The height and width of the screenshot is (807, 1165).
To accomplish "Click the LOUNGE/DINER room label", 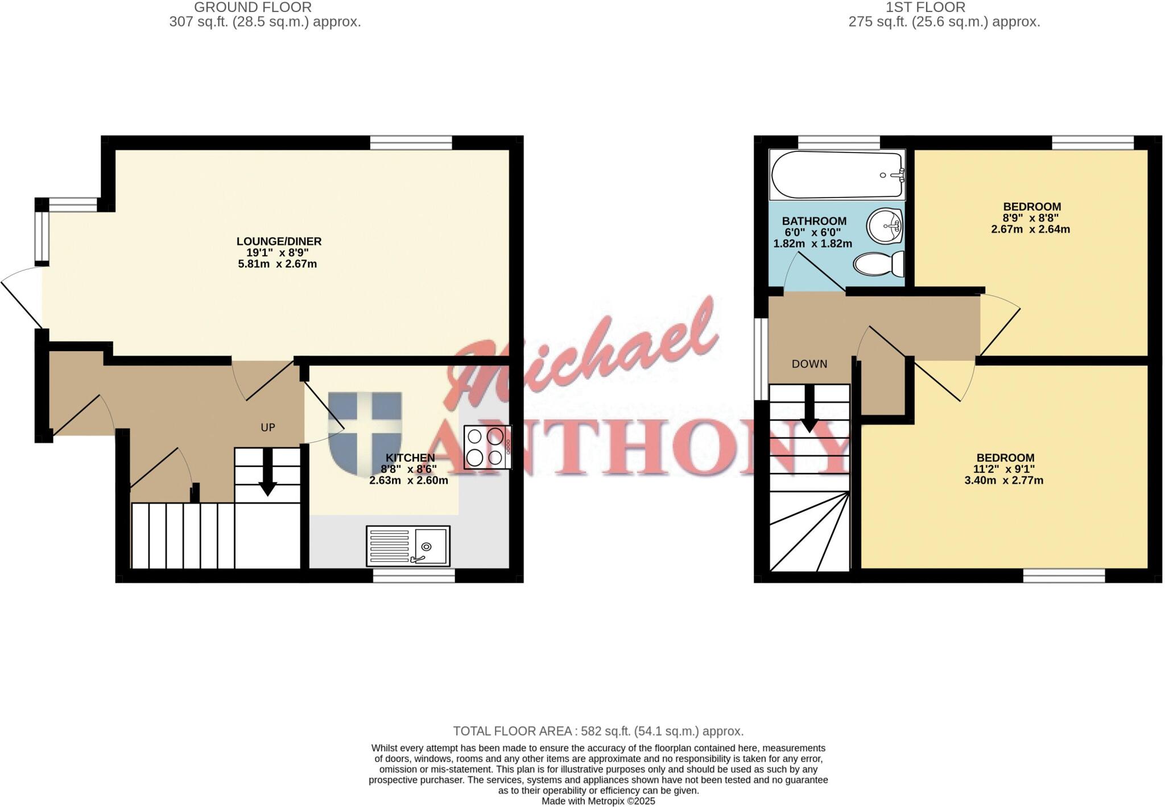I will (279, 241).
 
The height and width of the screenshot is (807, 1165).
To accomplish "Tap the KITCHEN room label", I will (410, 458).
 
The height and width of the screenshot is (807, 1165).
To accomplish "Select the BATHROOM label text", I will (813, 221).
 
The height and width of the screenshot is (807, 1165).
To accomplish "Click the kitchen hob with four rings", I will (486, 447).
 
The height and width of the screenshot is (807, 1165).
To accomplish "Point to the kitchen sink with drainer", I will (408, 546).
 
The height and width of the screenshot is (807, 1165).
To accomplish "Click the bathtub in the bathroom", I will (837, 175).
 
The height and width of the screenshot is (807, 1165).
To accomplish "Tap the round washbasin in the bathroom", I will (885, 227).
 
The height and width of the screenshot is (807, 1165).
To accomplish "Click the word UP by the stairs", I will (268, 427).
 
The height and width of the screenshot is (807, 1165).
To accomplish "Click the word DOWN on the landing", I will (809, 364).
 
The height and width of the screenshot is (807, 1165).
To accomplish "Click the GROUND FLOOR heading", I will (253, 7).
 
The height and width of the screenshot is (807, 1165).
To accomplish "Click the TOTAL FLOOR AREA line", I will (598, 731).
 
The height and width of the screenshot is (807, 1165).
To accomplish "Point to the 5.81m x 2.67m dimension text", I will (277, 264).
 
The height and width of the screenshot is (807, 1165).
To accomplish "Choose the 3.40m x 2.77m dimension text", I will (1003, 480).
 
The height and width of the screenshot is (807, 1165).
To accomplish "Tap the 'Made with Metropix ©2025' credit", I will (598, 801).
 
